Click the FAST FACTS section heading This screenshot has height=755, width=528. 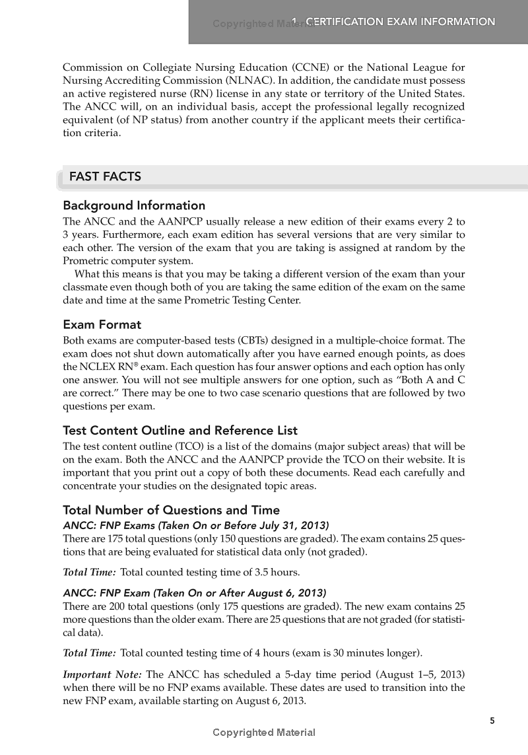click(105, 176)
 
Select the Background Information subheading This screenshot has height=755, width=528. click(134, 205)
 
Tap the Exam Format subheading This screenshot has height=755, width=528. click(102, 324)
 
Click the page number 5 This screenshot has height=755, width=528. click(492, 721)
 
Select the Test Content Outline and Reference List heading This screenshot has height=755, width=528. click(180, 430)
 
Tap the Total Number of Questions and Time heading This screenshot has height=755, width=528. click(171, 510)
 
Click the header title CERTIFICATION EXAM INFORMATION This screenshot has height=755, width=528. click(401, 22)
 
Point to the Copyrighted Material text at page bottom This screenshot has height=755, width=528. click(264, 733)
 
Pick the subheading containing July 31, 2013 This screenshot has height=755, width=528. click(195, 525)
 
